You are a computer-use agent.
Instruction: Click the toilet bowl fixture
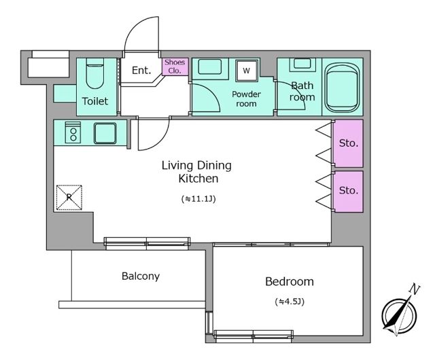[x=95, y=73]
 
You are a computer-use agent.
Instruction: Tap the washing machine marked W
[x=247, y=71]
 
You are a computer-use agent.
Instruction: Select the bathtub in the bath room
[x=341, y=88]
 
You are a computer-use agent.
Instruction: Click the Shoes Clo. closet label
[x=175, y=67]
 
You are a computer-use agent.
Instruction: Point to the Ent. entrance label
[x=141, y=70]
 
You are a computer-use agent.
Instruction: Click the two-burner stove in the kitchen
[x=73, y=132]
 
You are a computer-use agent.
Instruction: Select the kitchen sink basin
[x=105, y=133]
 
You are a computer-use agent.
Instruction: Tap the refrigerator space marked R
[x=69, y=197]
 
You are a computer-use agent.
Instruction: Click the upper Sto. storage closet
[x=348, y=143]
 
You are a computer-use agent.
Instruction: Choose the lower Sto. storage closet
[x=348, y=192]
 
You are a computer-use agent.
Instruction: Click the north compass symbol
[x=399, y=315]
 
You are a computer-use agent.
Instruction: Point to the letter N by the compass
[x=414, y=289]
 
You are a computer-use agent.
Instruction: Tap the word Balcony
[x=141, y=276]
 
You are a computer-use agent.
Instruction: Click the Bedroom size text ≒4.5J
[x=290, y=302]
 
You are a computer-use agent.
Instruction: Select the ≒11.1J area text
[x=198, y=199]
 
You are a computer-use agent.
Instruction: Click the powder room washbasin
[x=210, y=67]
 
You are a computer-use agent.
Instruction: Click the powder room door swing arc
[x=211, y=95]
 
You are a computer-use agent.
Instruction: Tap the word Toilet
[x=95, y=101]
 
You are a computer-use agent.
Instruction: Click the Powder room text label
[x=246, y=98]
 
